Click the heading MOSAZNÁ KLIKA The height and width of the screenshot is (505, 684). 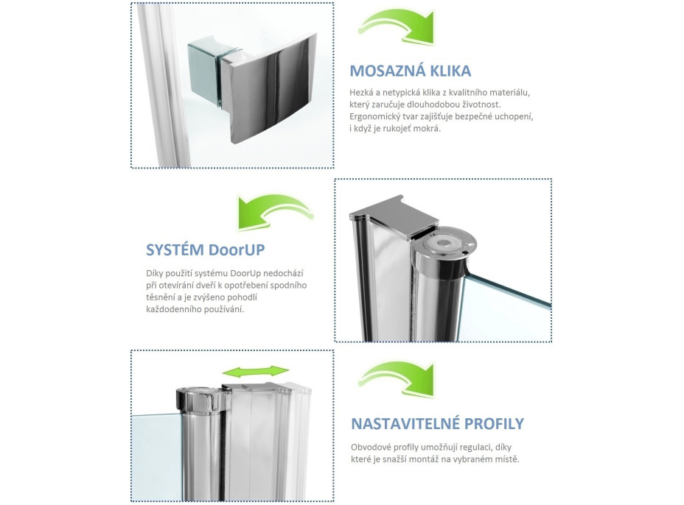pos(410,71)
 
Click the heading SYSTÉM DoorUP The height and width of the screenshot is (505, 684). pos(205,250)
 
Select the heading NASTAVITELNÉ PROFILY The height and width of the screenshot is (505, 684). pos(437,423)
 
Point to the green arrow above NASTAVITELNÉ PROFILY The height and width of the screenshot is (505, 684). pos(398,378)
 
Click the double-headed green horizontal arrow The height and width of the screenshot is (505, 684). pos(256,372)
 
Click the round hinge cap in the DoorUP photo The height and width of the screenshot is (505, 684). pos(445,244)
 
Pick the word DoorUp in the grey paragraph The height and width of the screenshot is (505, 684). pos(245,274)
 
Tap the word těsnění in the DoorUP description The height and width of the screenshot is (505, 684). pos(161,297)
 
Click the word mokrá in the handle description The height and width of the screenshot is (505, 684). pos(427,129)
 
